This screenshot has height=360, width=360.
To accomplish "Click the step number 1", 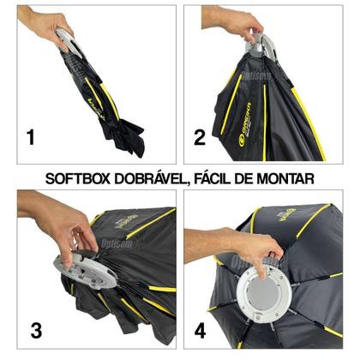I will click(31, 135).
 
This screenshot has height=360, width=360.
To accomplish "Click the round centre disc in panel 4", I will click(265, 291).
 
